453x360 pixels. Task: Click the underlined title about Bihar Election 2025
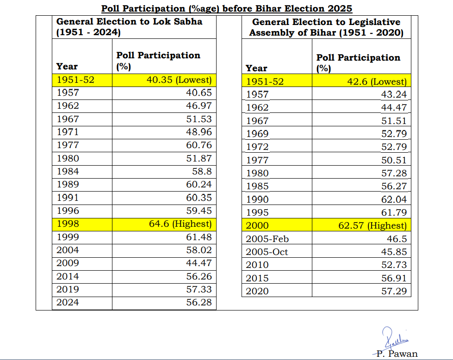pyautogui.click(x=226, y=8)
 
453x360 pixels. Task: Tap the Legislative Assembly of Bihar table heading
pyautogui.click(x=326, y=27)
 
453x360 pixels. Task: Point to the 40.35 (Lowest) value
pyautogui.click(x=179, y=80)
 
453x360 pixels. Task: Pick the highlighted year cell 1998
pyautogui.click(x=68, y=224)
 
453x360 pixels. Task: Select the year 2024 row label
pyautogui.click(x=68, y=303)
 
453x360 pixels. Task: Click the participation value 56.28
pyautogui.click(x=199, y=303)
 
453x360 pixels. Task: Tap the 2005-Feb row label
pyautogui.click(x=267, y=239)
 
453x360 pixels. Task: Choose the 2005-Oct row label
pyautogui.click(x=267, y=252)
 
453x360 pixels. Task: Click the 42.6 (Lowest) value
pyautogui.click(x=377, y=82)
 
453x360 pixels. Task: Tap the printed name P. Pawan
pyautogui.click(x=397, y=354)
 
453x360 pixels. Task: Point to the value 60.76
pyautogui.click(x=199, y=145)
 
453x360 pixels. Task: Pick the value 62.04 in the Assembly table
pyautogui.click(x=394, y=200)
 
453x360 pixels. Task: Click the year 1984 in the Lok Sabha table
pyautogui.click(x=68, y=172)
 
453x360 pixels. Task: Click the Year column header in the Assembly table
pyautogui.click(x=256, y=68)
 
